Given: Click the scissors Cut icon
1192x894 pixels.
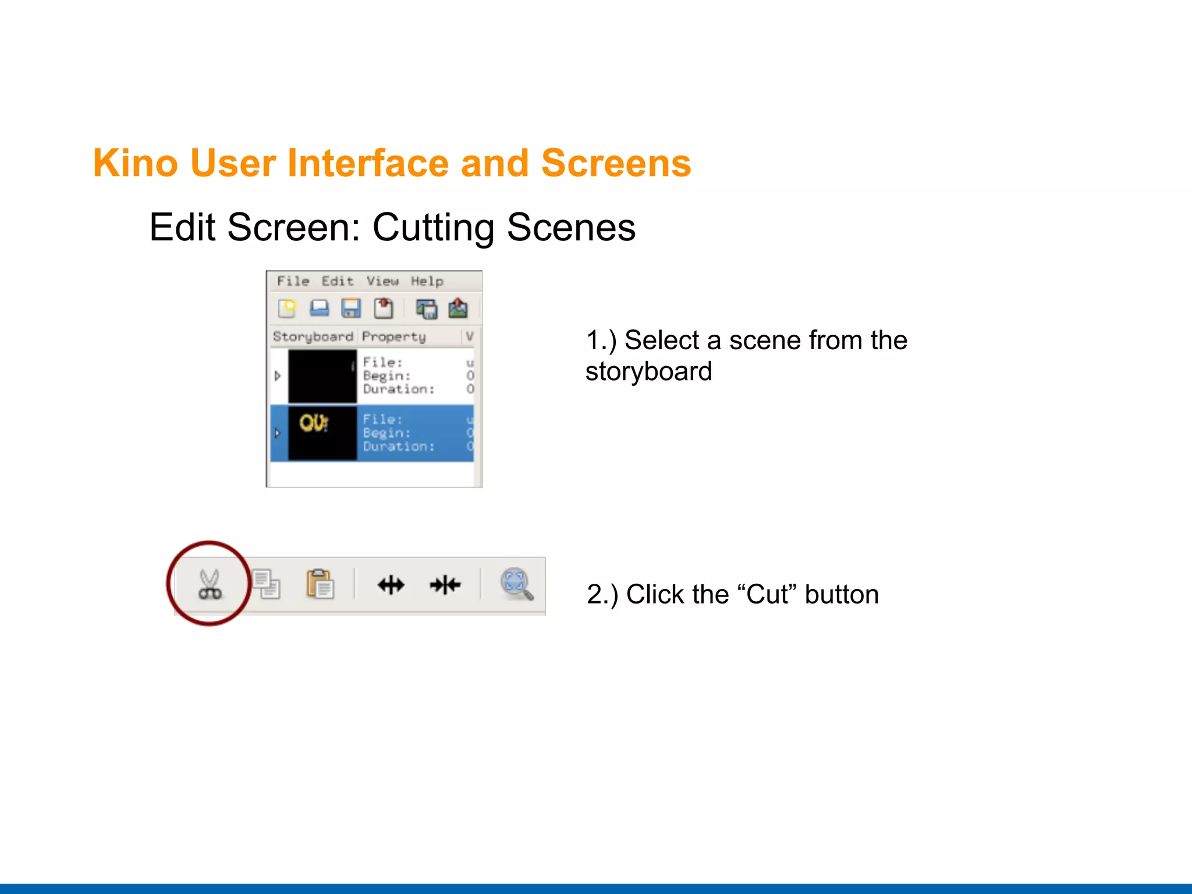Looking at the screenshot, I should click(210, 584).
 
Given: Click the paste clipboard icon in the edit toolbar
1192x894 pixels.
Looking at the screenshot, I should click(320, 584).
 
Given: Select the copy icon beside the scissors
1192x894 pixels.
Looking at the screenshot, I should click(267, 584).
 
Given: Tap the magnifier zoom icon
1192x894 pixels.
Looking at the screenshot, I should click(516, 584).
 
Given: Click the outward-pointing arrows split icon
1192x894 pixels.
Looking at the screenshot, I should click(391, 584).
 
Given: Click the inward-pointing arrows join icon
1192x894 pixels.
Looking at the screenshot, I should click(445, 584).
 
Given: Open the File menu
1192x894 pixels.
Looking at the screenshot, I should click(293, 281).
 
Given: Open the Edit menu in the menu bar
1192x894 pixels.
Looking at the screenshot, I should click(338, 281).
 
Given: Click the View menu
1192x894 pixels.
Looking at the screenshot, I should click(382, 281).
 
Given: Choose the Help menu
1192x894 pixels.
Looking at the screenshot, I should click(427, 281).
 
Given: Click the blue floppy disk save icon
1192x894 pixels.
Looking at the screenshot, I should click(351, 308).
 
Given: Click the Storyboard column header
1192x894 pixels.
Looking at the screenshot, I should click(313, 336).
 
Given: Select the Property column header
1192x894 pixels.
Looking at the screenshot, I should click(394, 336).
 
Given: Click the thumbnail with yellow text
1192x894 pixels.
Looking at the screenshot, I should click(322, 433).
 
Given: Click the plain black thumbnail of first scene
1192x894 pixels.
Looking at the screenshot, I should click(322, 376).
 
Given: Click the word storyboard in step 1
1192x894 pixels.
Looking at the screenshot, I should click(648, 372).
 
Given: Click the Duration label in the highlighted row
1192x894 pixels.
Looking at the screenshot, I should click(399, 446).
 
